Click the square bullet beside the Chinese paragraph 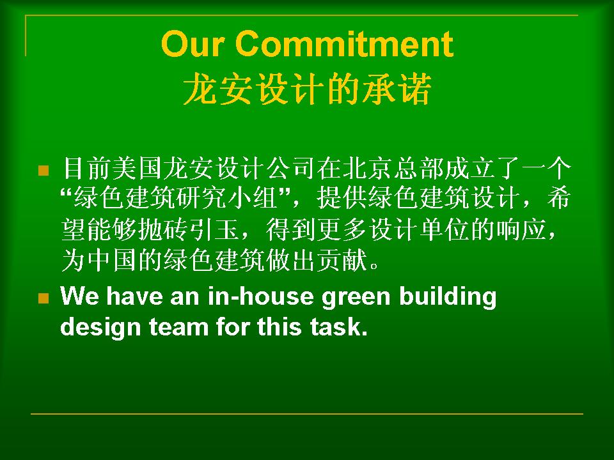coord(43,171)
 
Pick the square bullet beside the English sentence coord(43,298)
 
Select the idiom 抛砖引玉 coord(189,229)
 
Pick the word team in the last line coord(178,327)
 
